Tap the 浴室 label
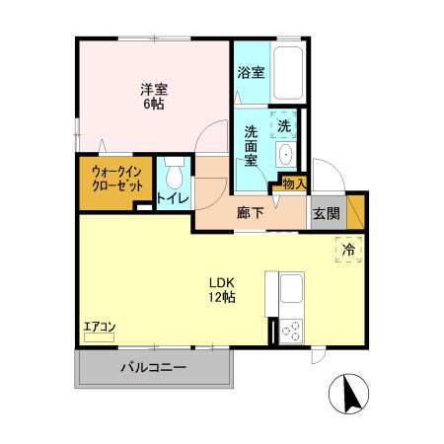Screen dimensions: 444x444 [x=251, y=72]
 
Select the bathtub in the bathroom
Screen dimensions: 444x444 [x=288, y=73]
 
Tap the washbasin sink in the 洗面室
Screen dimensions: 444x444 [x=284, y=154]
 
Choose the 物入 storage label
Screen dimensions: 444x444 [x=294, y=183]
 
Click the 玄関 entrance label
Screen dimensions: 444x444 [x=326, y=212]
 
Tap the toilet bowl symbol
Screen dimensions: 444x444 [x=174, y=177]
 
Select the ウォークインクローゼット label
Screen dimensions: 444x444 [x=104, y=178]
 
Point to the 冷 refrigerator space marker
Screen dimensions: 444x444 [x=348, y=251]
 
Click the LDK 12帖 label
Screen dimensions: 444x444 [x=220, y=286]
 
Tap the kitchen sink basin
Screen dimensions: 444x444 [x=292, y=291]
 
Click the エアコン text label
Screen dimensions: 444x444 [x=100, y=326]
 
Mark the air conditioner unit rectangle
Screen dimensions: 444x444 [x=100, y=337]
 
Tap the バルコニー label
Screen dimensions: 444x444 [x=153, y=368]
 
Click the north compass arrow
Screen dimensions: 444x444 [x=348, y=396]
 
